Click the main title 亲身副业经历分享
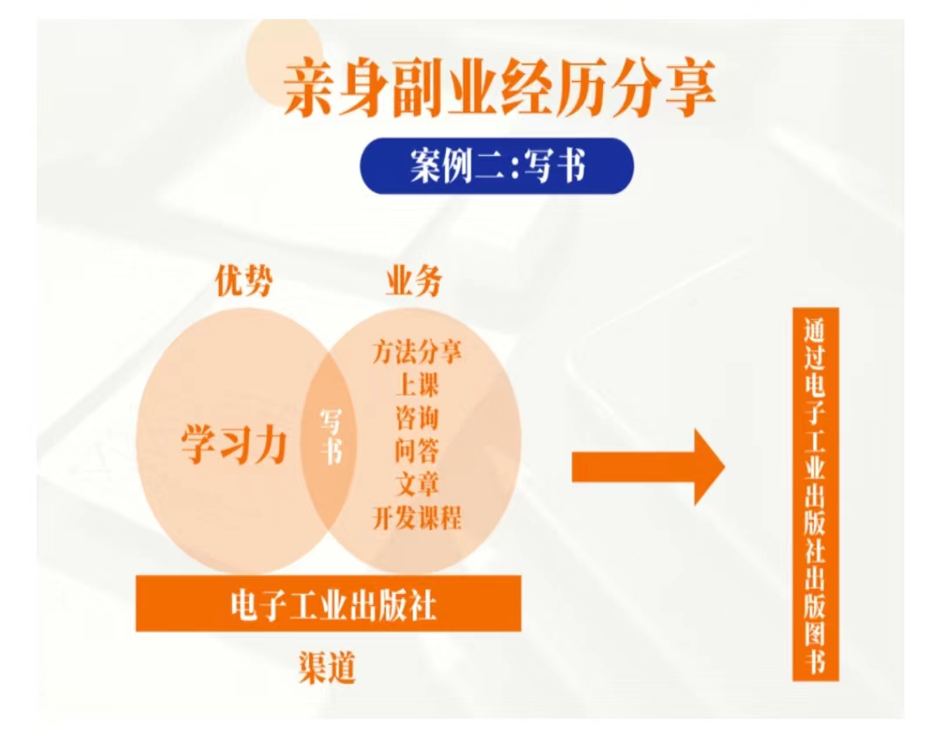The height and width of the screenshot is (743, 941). tap(499, 88)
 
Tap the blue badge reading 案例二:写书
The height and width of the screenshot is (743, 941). tap(497, 165)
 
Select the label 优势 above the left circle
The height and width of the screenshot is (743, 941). tap(244, 280)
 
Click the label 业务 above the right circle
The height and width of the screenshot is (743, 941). tap(414, 280)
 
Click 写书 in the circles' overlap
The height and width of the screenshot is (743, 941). tap(331, 436)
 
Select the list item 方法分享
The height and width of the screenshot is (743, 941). tap(417, 352)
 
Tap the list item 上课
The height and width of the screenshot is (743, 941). tap(417, 385)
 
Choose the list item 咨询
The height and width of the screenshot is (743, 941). tap(417, 418)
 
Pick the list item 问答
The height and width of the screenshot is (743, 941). tap(417, 450)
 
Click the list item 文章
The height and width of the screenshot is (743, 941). tap(417, 483)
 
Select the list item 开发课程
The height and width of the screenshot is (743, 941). tap(417, 517)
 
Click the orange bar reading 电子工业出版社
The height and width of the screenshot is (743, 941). tap(328, 603)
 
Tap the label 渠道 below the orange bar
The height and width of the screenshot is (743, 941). tap(328, 666)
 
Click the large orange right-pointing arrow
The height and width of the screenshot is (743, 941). tap(648, 467)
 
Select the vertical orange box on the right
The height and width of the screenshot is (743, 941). tap(815, 495)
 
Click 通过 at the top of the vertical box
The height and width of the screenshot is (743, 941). tap(815, 344)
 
